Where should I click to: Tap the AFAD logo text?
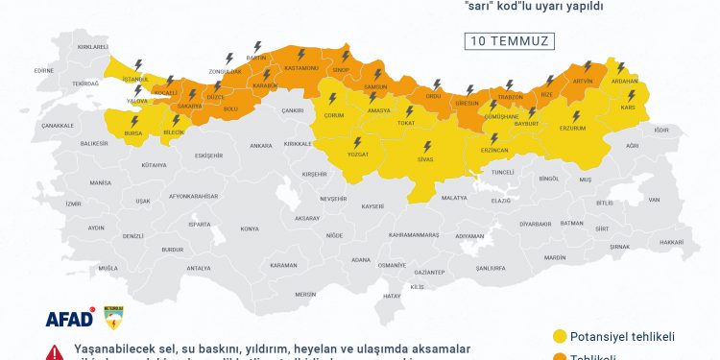pos(69,318)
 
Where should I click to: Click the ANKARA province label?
pos(261,146)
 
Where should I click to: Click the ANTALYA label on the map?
pos(198,268)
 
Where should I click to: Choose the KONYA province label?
pos(250,228)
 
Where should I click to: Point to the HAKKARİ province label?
pos(672,242)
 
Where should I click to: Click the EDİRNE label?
pos(42,70)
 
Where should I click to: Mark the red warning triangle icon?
pos(55,351)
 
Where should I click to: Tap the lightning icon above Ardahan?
pos(621,67)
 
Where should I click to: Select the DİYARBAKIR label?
pos(537,223)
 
